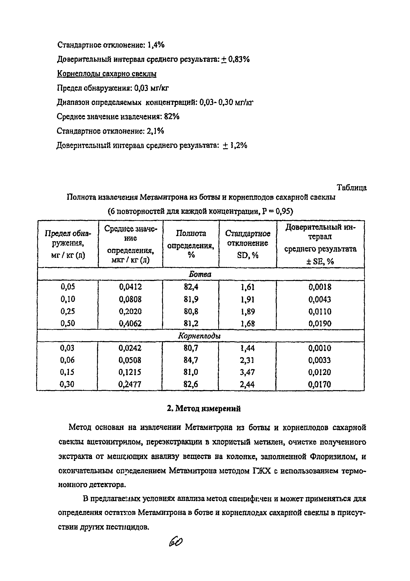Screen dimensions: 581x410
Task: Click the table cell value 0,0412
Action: click(130, 287)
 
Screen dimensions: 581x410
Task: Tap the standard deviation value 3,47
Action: click(247, 372)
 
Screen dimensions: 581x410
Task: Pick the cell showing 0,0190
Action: click(320, 323)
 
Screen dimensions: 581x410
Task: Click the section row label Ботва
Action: click(200, 274)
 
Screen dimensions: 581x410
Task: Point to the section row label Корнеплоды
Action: click(199, 336)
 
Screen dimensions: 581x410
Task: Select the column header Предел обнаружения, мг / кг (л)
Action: click(68, 244)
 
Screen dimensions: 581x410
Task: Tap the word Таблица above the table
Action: click(351, 188)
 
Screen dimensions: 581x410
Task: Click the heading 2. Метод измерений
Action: click(204, 409)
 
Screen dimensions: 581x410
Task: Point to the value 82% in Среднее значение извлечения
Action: click(172, 116)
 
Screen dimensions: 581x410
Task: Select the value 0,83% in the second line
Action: click(239, 59)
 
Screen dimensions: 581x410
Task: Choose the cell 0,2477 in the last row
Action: click(130, 384)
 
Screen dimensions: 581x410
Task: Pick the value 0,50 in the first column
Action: click(68, 323)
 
